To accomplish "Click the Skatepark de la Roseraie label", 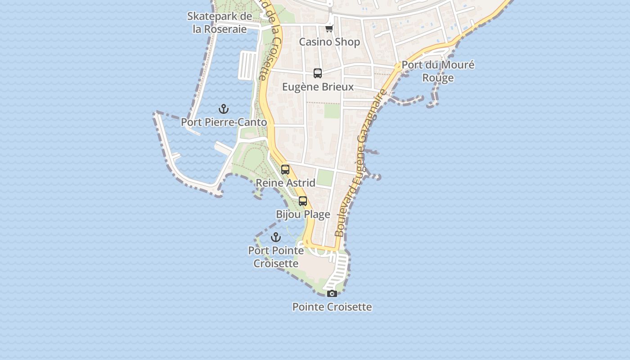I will point(220,23).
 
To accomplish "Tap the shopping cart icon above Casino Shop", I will point(329,29).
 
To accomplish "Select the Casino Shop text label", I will point(329,42).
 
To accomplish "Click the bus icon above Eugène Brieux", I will point(318,73).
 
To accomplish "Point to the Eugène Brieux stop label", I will point(318,86).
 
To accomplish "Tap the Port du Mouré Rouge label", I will point(438,71).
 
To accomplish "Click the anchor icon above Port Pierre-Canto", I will point(224,109).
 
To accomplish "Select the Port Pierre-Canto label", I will point(224,122).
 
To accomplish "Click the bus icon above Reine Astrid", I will point(285,170).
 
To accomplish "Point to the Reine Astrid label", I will point(285,183).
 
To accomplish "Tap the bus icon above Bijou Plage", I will point(303,201).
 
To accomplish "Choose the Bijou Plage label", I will point(303,214).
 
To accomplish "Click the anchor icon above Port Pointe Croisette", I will point(276,237).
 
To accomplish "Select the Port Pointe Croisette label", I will point(276,256).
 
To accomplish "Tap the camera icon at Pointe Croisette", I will point(332,294).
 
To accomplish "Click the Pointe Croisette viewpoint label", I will point(332,307).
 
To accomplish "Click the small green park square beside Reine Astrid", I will point(325,178).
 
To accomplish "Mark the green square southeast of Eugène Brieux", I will point(332,111).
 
